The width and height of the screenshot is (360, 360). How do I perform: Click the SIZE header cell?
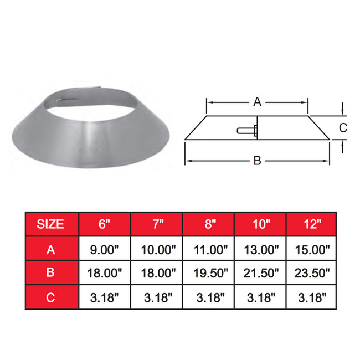tap(50, 224)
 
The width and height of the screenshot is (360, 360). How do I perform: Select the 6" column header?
tap(105, 224)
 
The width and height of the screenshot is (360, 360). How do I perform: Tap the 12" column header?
tap(312, 224)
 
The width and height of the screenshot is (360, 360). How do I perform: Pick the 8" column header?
tap(209, 224)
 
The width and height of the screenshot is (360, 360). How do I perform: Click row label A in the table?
tap(50, 250)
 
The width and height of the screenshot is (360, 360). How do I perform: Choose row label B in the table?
tap(50, 273)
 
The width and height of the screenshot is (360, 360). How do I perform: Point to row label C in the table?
tap(50, 297)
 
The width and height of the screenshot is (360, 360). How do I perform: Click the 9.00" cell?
tap(105, 250)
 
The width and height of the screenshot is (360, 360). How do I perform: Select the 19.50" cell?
tap(209, 273)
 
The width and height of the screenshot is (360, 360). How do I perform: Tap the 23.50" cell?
tap(312, 273)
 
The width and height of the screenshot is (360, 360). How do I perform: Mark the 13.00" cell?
tap(261, 250)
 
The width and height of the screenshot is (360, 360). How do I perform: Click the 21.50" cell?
tap(261, 273)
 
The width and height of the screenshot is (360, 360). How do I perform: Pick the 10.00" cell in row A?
tap(157, 250)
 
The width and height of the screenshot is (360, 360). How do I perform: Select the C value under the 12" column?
tap(312, 297)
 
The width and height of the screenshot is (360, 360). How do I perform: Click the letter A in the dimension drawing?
tap(256, 101)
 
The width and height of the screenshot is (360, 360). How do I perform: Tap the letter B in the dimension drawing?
tap(256, 161)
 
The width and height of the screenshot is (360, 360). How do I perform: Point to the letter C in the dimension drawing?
tap(343, 127)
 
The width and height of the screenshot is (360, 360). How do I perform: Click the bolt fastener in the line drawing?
tap(248, 131)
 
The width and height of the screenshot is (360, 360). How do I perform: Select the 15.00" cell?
tap(312, 250)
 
